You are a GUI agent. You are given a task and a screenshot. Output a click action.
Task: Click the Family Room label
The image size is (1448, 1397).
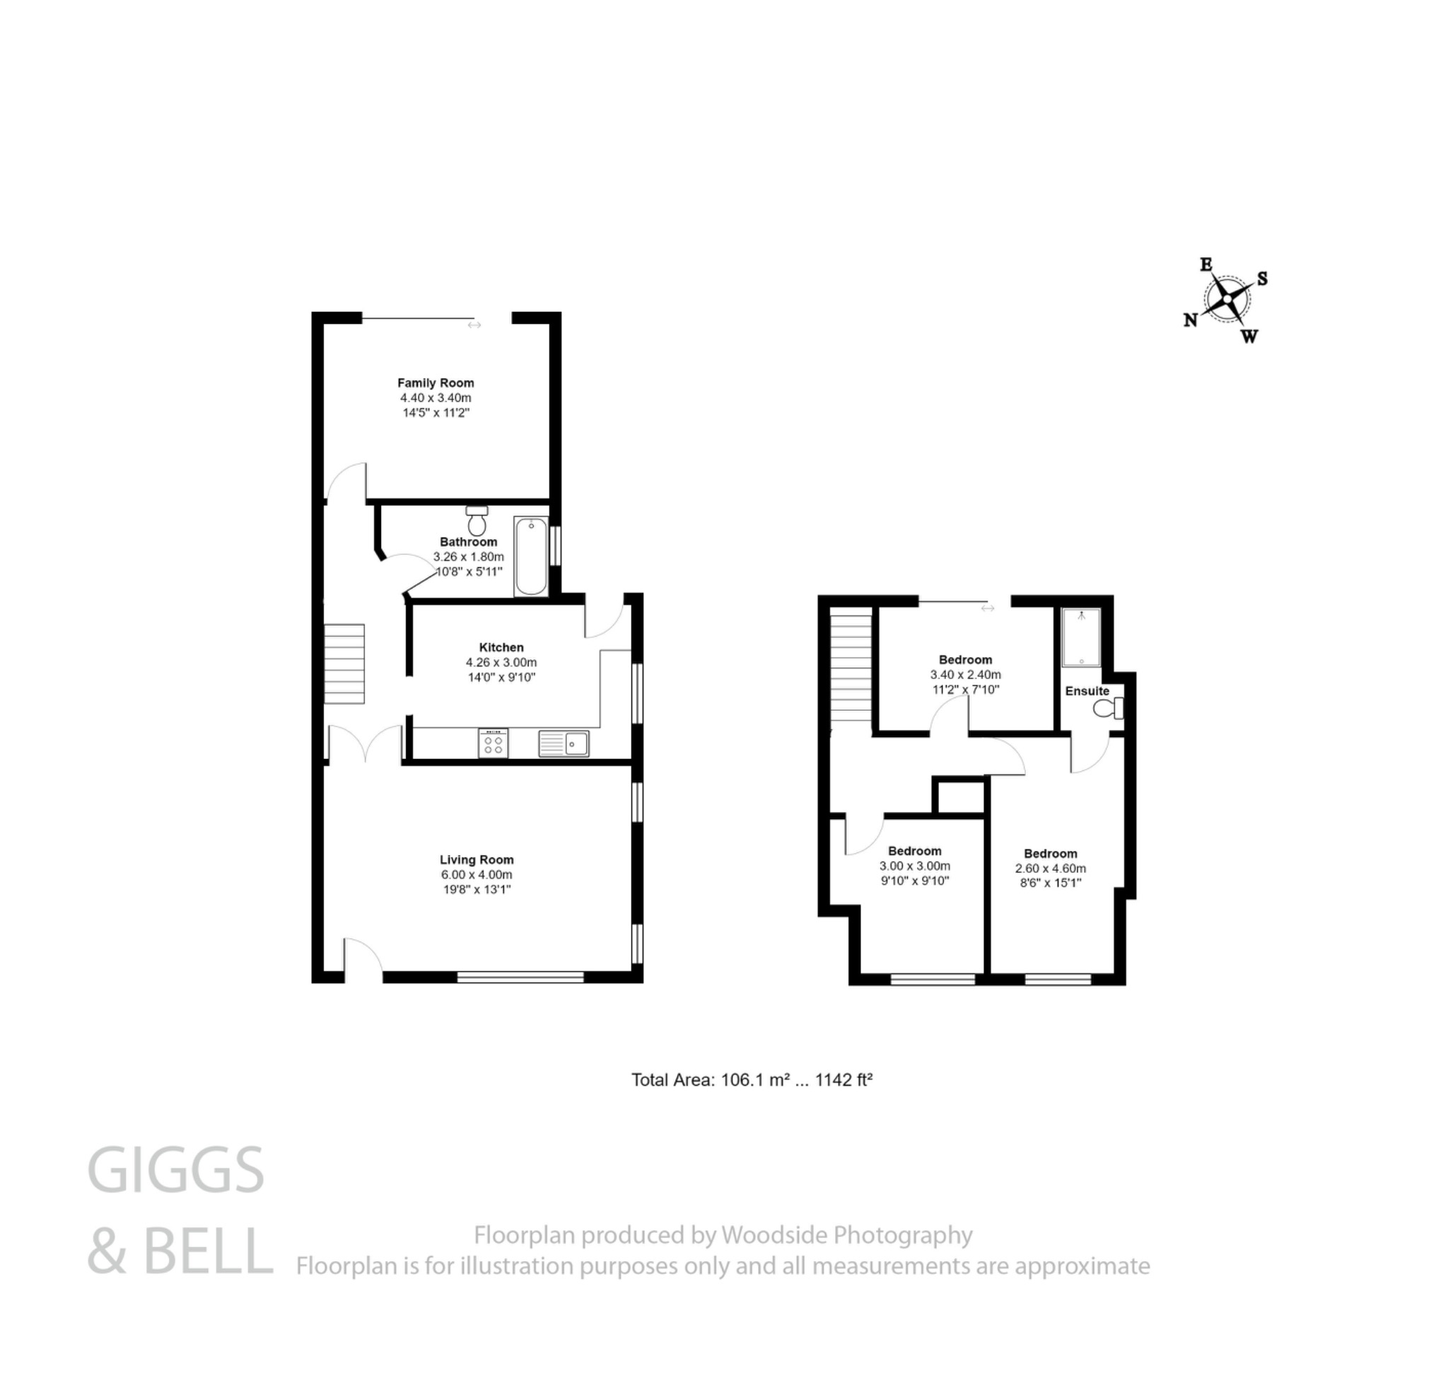click(435, 383)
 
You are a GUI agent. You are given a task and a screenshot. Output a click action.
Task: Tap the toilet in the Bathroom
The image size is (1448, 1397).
click(477, 521)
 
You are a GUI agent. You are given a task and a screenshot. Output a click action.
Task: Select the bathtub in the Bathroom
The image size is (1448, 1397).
click(530, 556)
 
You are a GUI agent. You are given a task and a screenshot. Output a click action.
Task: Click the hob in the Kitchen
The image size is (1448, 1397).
click(493, 743)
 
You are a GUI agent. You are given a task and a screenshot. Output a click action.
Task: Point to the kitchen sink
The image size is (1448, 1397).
click(564, 743)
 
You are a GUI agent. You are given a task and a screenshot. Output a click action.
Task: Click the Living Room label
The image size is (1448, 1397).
click(477, 859)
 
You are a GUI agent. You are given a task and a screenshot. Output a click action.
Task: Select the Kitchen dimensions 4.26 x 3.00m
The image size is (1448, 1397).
click(501, 662)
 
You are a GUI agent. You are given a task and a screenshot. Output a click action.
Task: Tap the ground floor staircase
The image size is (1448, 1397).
click(344, 663)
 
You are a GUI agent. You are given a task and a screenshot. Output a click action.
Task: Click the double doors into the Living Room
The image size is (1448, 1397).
click(366, 744)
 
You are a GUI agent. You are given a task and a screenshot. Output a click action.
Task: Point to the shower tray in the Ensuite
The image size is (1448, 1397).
click(1081, 637)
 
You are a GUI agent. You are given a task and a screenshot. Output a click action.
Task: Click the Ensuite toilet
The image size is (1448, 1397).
click(1108, 709)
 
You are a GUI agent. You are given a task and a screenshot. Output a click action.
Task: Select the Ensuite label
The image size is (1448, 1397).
click(1087, 691)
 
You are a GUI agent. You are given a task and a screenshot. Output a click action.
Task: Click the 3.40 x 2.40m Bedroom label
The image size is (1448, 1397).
click(965, 660)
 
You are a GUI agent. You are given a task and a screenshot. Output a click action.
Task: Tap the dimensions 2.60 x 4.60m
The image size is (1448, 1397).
click(1050, 869)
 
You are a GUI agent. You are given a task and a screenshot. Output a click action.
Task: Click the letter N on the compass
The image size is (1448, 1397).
click(1190, 320)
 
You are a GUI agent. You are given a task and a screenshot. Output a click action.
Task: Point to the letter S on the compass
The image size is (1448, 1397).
click(1263, 279)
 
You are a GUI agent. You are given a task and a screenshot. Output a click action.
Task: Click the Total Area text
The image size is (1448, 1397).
click(752, 1080)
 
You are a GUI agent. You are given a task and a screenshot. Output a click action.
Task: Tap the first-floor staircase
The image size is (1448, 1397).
click(852, 669)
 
